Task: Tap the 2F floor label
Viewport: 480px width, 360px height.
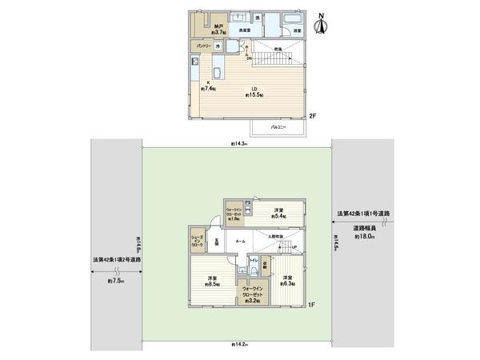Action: tap(314, 117)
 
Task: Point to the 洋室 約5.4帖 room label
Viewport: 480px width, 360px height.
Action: tap(279, 214)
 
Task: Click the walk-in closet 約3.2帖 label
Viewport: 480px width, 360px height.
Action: tap(255, 295)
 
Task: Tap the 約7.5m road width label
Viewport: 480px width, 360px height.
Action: tap(116, 281)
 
